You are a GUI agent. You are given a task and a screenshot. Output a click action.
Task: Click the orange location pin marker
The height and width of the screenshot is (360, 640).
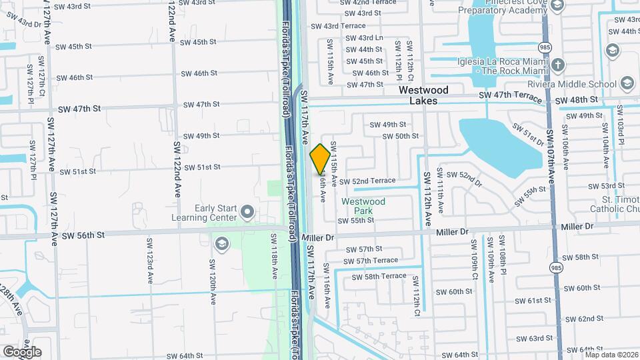(x=320, y=158)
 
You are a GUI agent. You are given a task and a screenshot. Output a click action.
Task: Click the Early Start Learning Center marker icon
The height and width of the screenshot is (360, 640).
(x=247, y=213)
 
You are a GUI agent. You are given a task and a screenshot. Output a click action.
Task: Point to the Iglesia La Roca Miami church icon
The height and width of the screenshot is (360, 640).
(x=558, y=65)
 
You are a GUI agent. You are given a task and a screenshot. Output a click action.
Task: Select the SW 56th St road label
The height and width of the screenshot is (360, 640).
(x=84, y=235)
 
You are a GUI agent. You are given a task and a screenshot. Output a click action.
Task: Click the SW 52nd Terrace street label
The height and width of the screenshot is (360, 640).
(x=367, y=181)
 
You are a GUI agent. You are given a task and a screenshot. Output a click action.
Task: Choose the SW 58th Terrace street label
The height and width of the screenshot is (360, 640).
(x=379, y=276)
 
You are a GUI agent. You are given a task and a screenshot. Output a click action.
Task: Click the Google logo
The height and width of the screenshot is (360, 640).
(x=21, y=351)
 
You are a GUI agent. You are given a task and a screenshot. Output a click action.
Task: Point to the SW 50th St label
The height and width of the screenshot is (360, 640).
(x=400, y=136)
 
